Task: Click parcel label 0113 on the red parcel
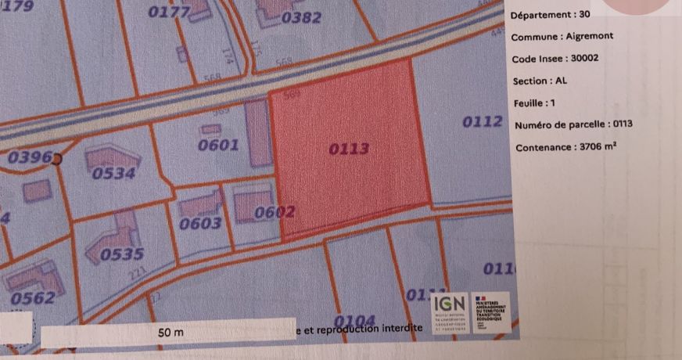click(349, 149)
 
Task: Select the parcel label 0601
click(218, 144)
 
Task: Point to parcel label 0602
click(275, 211)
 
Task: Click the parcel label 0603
click(200, 223)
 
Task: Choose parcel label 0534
click(113, 173)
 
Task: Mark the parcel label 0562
click(33, 297)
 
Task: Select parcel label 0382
click(301, 17)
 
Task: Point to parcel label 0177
click(168, 12)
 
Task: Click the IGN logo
click(449, 302)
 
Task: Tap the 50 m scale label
click(170, 333)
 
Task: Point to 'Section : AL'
click(540, 81)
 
